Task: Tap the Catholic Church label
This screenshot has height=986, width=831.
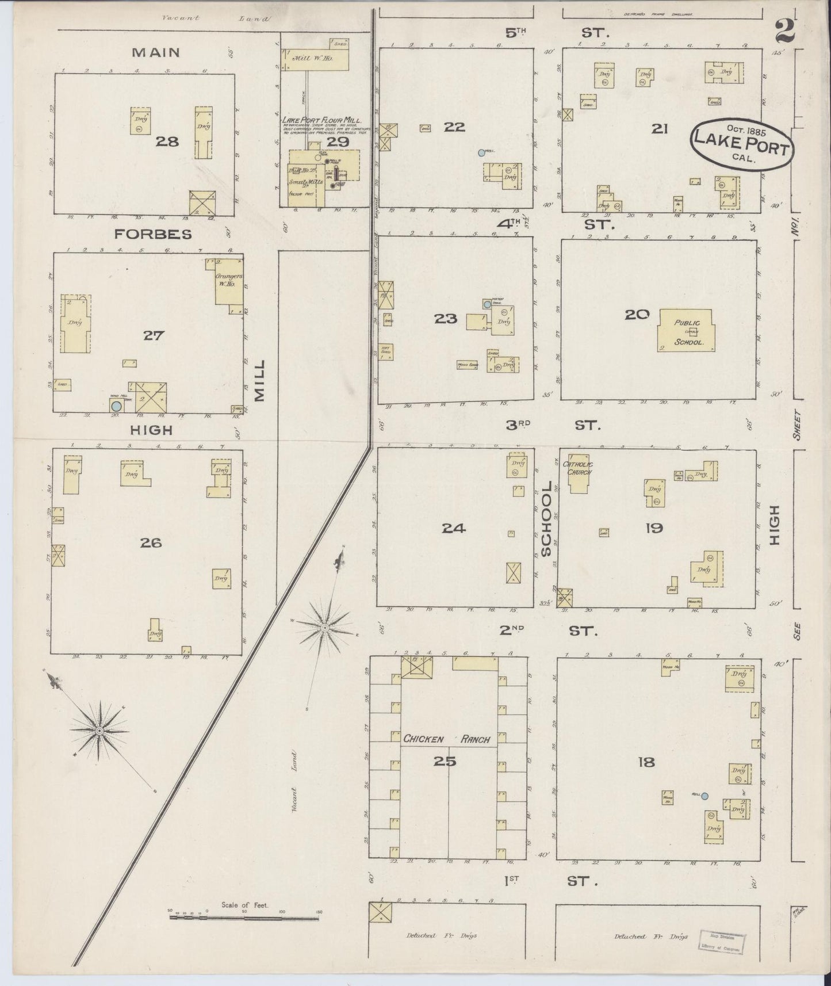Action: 577,468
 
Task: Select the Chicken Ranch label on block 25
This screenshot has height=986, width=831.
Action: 447,739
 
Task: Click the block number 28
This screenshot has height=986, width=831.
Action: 167,141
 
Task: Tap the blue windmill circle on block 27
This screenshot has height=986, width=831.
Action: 116,406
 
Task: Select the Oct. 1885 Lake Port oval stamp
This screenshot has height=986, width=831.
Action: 741,144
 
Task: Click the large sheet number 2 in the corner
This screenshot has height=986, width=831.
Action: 784,31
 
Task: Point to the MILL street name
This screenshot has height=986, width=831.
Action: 260,380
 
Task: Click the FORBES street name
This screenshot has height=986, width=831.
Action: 153,235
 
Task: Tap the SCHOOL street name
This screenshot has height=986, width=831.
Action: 546,519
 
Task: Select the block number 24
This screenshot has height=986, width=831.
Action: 454,528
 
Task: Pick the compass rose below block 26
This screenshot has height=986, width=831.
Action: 99,731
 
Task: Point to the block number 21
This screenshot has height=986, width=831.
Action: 659,129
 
